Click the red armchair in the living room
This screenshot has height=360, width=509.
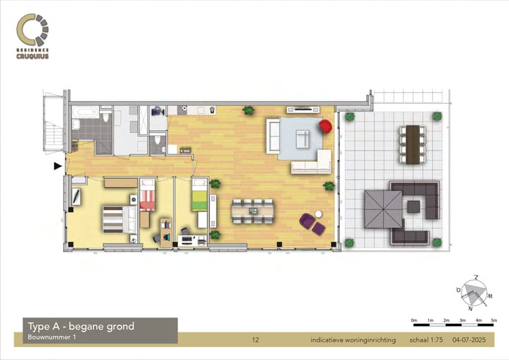326,127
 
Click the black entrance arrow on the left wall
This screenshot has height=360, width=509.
57,166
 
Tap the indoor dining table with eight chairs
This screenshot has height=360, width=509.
253,210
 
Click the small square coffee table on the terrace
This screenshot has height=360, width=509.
413,207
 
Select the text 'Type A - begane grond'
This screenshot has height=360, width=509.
81,326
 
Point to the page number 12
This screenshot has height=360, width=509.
255,340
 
